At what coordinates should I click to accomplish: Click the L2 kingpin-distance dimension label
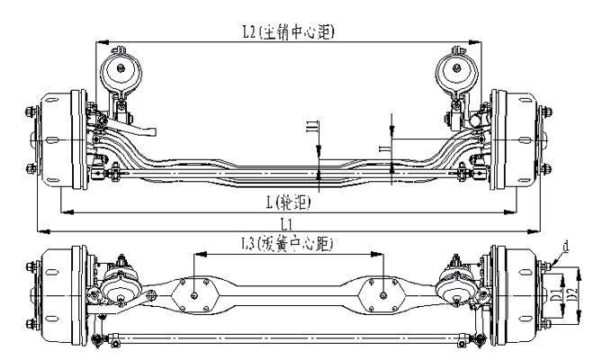[288, 32]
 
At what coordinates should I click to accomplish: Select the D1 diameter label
[556, 294]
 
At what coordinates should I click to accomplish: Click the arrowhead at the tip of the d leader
[550, 262]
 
